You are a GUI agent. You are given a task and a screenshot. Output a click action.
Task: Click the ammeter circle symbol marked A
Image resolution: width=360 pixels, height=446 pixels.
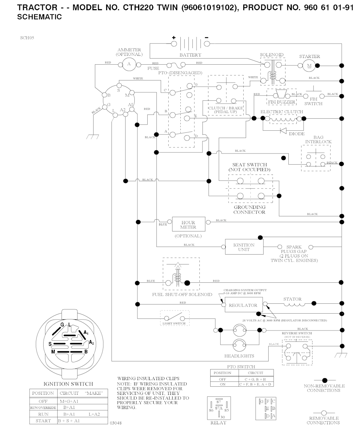pyautogui.click(x=129, y=64)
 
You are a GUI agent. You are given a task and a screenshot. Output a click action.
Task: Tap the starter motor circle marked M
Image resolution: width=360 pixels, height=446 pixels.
pyautogui.click(x=309, y=65)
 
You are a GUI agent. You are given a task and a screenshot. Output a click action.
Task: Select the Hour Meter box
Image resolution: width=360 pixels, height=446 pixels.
pyautogui.click(x=188, y=224)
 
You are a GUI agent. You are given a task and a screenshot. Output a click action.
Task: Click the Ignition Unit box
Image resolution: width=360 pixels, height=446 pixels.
pyautogui.click(x=244, y=247)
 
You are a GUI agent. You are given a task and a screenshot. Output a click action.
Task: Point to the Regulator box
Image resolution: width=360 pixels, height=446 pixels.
pyautogui.click(x=243, y=305)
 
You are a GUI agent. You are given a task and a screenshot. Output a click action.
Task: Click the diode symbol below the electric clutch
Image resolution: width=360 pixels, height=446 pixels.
pyautogui.click(x=283, y=131)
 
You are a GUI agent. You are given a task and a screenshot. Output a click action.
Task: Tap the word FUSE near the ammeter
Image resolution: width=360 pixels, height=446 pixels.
pyautogui.click(x=153, y=68)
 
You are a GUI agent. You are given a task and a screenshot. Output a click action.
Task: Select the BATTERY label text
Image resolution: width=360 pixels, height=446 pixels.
pyautogui.click(x=190, y=55)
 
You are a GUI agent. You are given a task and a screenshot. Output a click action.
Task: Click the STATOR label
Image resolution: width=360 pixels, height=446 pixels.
pyautogui.click(x=292, y=299)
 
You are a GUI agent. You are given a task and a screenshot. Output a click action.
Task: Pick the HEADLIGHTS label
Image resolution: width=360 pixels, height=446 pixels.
pyautogui.click(x=239, y=356)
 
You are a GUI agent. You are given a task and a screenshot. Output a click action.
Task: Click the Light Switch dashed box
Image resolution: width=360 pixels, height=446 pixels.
pyautogui.click(x=174, y=317)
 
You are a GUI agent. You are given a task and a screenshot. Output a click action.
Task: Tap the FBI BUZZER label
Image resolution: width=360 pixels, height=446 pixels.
pyautogui.click(x=281, y=102)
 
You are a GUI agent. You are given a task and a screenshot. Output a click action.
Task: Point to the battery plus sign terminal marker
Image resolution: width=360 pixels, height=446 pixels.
pyautogui.click(x=173, y=38)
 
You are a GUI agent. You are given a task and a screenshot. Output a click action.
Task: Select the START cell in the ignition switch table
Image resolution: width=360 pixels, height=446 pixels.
pyautogui.click(x=43, y=421)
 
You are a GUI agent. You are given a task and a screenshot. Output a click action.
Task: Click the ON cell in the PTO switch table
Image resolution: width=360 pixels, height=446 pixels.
pyautogui.click(x=222, y=385)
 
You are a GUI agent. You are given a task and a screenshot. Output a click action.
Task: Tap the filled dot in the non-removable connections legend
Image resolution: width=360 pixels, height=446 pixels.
pyautogui.click(x=324, y=380)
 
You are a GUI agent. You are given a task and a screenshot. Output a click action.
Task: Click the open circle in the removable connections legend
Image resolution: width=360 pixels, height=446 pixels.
pyautogui.click(x=324, y=413)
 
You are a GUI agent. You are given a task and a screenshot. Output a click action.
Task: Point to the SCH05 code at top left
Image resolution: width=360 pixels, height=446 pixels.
pyautogui.click(x=27, y=38)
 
